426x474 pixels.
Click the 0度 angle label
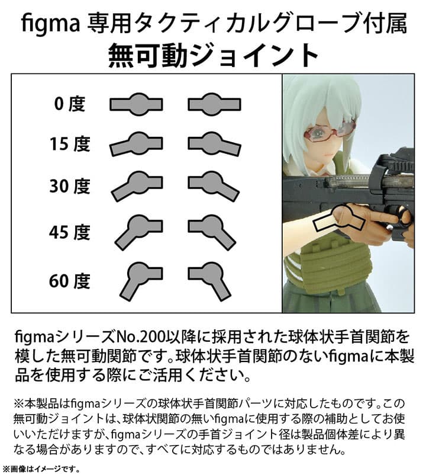[69, 104]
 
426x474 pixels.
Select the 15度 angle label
[69, 145]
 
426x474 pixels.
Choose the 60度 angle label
[69, 278]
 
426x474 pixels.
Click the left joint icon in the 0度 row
[136, 104]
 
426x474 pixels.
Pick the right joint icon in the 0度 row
[214, 104]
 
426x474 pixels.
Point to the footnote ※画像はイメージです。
[41, 467]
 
